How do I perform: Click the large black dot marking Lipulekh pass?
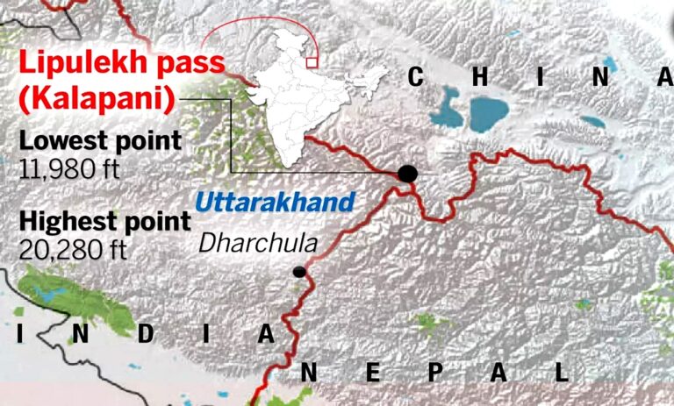click(407, 173)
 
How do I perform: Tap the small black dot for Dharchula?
click(299, 272)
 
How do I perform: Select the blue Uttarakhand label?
click(275, 202)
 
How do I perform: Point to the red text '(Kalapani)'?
click(94, 99)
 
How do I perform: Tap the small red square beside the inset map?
click(312, 61)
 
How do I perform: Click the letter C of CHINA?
click(417, 79)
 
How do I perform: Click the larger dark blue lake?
click(488, 111)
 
